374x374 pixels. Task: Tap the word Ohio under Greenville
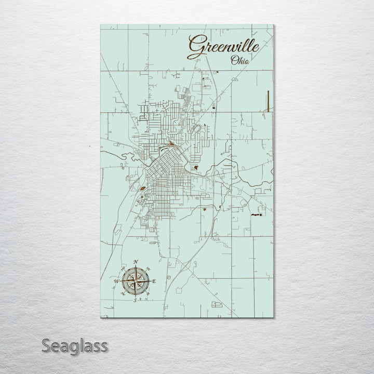(x=239, y=61)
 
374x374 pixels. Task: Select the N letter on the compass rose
(x=136, y=261)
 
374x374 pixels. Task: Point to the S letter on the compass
(x=135, y=300)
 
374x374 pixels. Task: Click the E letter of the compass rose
(x=154, y=281)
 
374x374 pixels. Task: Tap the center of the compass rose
(x=135, y=281)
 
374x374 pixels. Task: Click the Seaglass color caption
(x=74, y=345)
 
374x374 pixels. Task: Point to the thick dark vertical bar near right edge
(x=268, y=100)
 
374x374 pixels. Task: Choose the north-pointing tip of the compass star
(x=135, y=268)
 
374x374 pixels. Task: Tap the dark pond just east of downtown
(x=196, y=167)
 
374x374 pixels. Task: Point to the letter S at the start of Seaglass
(x=46, y=345)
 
